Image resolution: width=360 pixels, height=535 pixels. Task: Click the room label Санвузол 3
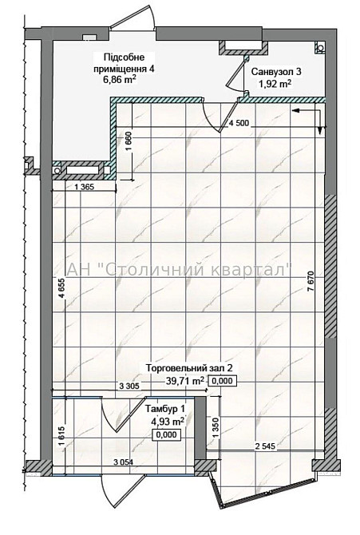(276, 72)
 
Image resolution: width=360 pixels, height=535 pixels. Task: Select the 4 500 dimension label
(239, 123)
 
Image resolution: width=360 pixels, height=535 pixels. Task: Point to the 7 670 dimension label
(311, 281)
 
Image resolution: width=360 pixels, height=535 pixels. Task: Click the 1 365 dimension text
(84, 187)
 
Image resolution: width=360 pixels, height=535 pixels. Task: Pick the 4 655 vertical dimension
(61, 289)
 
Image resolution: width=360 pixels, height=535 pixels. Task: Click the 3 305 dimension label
(129, 386)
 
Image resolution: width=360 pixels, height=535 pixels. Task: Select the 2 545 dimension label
(265, 446)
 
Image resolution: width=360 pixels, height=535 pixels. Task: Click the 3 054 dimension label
(123, 462)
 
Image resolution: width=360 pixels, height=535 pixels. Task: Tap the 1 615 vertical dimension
(61, 438)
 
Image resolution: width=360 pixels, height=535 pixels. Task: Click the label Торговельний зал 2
(189, 368)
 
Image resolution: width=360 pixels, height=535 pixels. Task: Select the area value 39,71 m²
(185, 380)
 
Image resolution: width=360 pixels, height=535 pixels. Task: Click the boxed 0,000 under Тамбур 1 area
(167, 434)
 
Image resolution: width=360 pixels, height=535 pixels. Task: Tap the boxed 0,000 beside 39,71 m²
(222, 381)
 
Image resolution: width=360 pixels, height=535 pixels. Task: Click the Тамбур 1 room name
(165, 408)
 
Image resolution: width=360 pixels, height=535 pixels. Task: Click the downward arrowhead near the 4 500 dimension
(320, 130)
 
